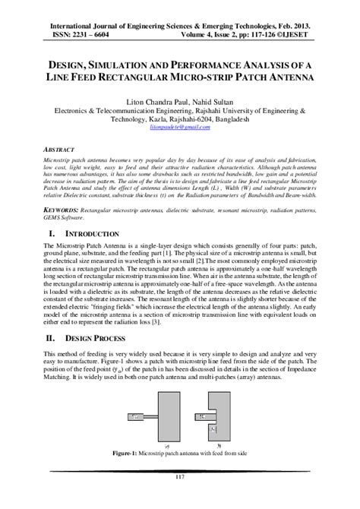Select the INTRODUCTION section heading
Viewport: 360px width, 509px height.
pyautogui.click(x=92, y=234)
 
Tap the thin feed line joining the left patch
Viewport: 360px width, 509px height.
pyautogui.click(x=150, y=416)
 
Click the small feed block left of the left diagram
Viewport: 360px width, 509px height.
pyautogui.click(x=134, y=416)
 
